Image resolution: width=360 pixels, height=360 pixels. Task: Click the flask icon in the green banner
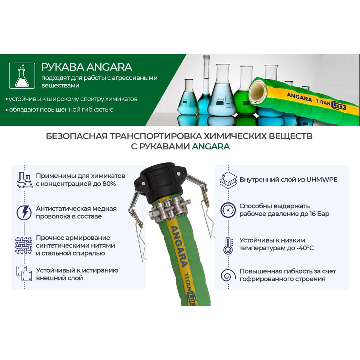pos(22,76)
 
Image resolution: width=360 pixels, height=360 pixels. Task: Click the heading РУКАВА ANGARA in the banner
pos(86,67)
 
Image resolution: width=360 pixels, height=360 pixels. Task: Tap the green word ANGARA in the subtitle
pos(211,147)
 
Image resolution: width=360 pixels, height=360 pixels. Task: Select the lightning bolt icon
pos(24,213)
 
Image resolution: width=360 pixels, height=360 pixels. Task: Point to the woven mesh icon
pos(24,246)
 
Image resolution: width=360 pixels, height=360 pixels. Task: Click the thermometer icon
pos(228,246)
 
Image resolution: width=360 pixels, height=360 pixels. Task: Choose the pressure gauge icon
pos(228,210)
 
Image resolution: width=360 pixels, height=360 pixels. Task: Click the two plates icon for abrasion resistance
pos(24,274)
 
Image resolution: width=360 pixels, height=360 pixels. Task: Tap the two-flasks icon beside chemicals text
pos(24,180)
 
